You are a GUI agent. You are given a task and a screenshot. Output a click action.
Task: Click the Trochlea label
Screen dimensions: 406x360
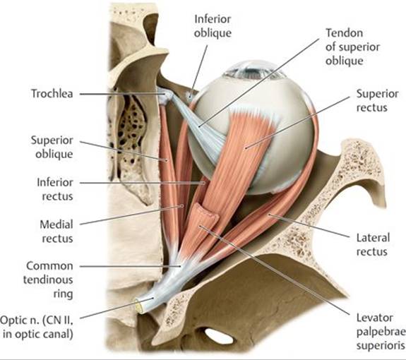[52, 94]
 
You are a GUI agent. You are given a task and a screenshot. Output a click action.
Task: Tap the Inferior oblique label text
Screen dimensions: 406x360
[213, 26]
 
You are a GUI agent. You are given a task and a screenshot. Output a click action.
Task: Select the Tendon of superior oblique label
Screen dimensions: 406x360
[352, 47]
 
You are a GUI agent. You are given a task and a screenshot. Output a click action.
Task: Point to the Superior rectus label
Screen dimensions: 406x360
[377, 101]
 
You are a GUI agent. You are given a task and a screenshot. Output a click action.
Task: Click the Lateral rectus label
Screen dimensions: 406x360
[373, 244]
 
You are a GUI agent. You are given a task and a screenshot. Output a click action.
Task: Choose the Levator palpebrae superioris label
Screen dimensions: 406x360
[381, 332]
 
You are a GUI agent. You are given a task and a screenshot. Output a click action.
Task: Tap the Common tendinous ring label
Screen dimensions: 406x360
[48, 280]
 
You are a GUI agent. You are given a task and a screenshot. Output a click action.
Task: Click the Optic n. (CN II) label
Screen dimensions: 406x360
[37, 327]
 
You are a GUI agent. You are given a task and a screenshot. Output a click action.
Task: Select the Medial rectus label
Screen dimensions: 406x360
[56, 232]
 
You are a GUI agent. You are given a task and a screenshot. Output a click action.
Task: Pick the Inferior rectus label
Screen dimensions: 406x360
[55, 189]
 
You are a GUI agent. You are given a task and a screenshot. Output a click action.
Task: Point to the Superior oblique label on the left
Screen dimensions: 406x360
[52, 147]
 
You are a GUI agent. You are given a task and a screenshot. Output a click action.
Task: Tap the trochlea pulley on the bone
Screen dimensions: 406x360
[165, 95]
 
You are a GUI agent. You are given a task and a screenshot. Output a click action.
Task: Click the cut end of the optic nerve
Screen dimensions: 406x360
[139, 306]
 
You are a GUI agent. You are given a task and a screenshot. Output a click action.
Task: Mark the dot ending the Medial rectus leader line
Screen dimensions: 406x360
[182, 206]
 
